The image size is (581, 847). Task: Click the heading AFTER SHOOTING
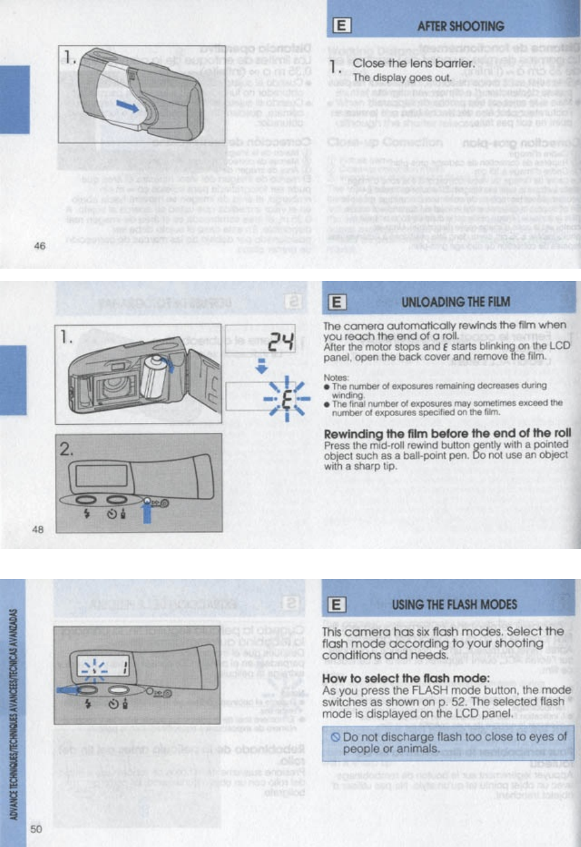point(460,26)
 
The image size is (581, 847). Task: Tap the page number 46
point(40,246)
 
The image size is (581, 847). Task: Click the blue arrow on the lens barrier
point(128,106)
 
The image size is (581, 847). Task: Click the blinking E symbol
point(286,399)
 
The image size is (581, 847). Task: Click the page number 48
point(38,529)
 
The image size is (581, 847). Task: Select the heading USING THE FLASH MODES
point(454,604)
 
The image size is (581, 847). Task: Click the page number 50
point(37,828)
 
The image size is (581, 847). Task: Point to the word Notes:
point(336,377)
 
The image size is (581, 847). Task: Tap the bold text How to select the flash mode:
point(406,678)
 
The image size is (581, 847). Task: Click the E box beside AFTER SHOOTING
point(341,26)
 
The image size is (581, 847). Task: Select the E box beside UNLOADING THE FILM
point(336,302)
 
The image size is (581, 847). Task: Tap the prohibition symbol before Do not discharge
point(335,737)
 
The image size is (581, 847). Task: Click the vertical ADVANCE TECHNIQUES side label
point(13,713)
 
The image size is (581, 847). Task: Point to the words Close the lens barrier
point(414,63)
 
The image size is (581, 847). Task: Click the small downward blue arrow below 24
point(262,367)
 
